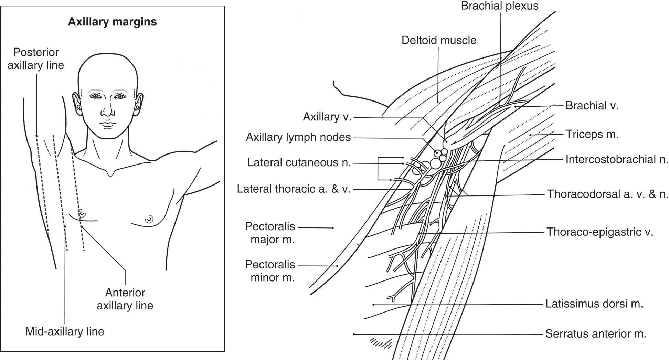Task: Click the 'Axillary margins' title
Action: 112,22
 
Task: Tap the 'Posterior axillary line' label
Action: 36,59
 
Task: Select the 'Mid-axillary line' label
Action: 65,331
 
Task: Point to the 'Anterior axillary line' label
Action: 125,299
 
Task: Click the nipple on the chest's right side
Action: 149,219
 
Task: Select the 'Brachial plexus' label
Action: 500,6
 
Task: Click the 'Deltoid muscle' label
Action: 439,40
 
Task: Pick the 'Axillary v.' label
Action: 327,117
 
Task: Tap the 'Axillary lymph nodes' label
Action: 298,137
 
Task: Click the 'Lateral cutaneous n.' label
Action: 299,162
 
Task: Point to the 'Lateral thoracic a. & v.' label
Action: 294,189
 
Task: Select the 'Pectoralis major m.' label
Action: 270,233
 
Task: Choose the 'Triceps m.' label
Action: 592,134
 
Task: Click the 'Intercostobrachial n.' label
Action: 617,159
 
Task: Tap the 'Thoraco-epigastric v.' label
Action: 600,232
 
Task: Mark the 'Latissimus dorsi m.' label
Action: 594,304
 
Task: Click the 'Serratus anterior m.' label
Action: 596,333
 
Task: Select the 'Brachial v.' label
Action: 592,105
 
